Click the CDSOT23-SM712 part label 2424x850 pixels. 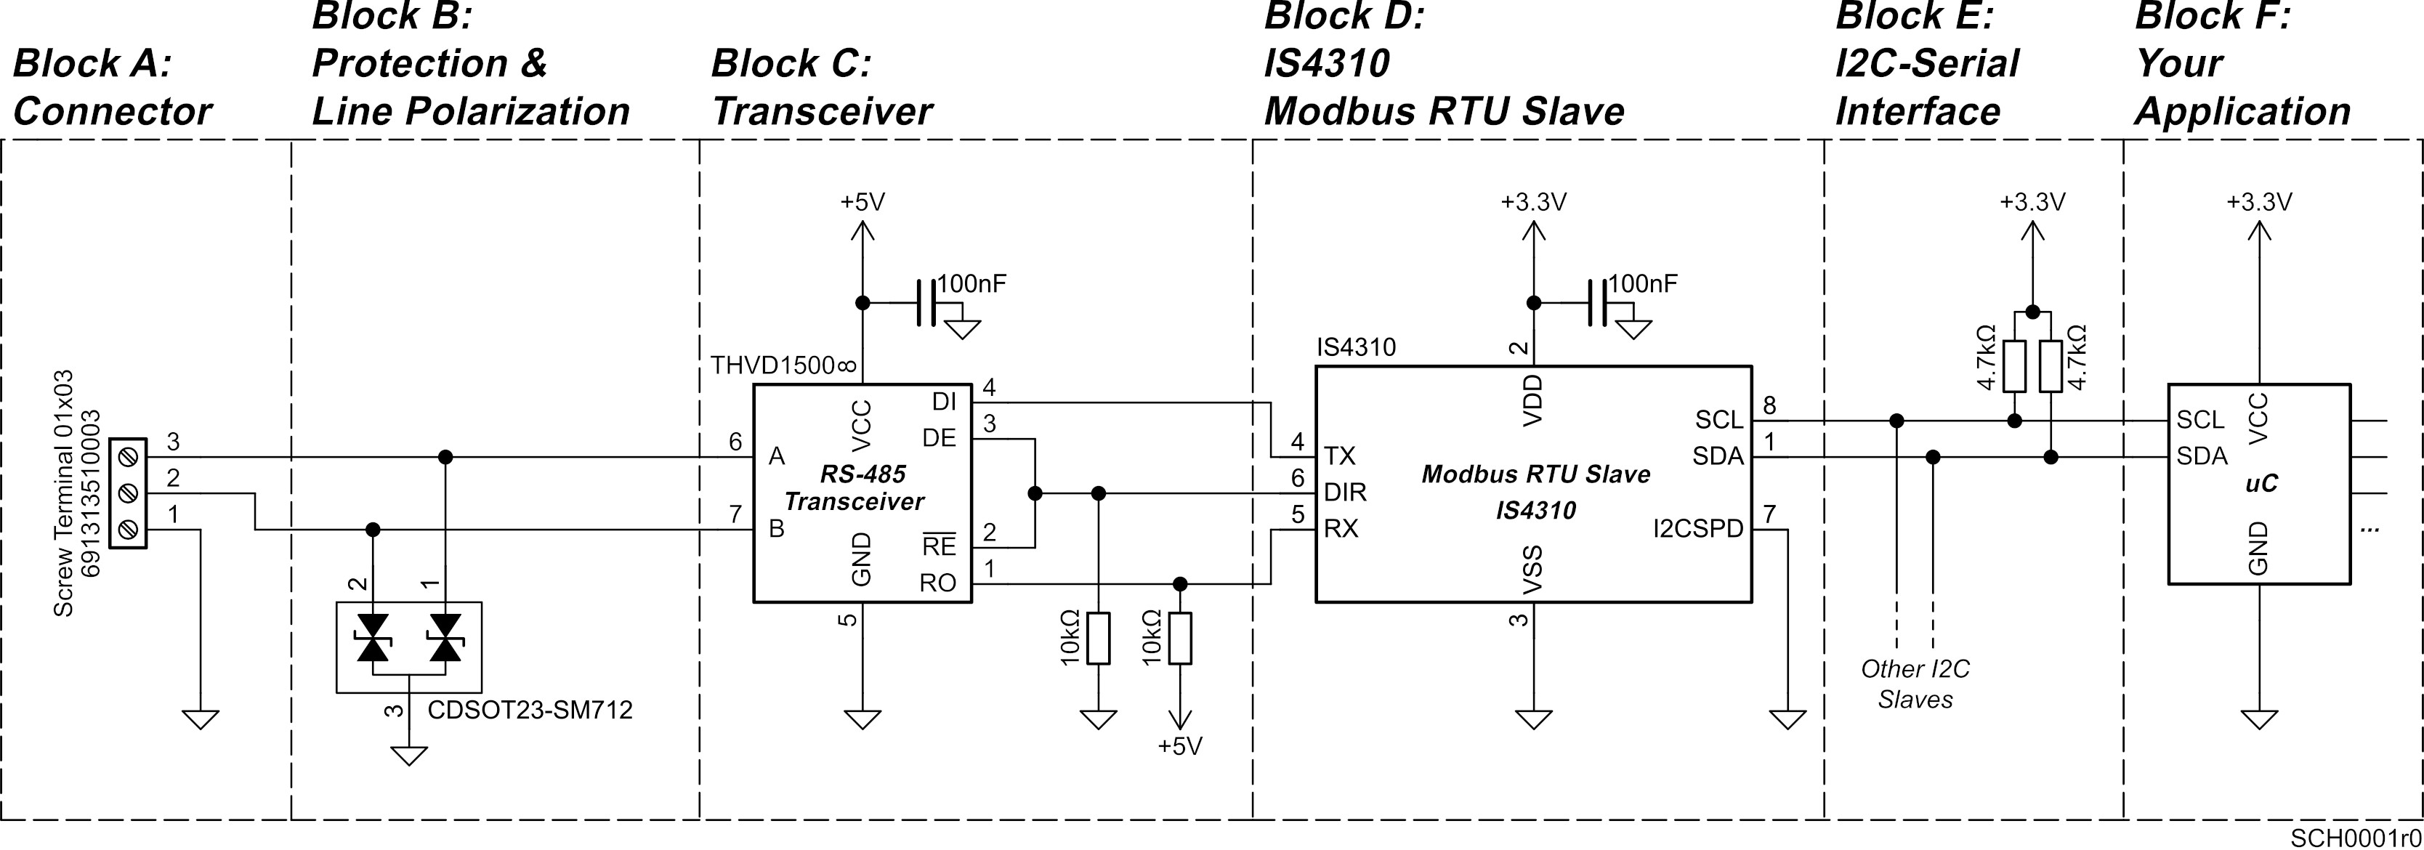pos(530,710)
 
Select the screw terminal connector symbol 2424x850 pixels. pos(129,493)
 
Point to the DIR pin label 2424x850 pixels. pos(1345,493)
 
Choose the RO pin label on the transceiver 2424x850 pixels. pos(937,583)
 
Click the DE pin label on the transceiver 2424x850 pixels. pos(938,437)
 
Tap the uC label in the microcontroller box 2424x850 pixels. pos(2261,484)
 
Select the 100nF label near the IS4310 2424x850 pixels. pos(1642,283)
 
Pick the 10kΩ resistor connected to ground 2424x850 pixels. pos(1097,638)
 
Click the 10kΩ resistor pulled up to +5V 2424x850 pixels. pos(1180,638)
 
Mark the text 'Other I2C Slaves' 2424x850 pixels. pos(1915,684)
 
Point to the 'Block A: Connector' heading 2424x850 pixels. pos(112,87)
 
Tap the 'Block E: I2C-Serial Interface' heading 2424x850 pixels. pos(1926,64)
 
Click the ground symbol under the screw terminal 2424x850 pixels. pos(201,719)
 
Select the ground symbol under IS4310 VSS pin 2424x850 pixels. pos(1534,719)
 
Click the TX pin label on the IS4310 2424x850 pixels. pos(1339,456)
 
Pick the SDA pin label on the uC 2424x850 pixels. pos(2201,456)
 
